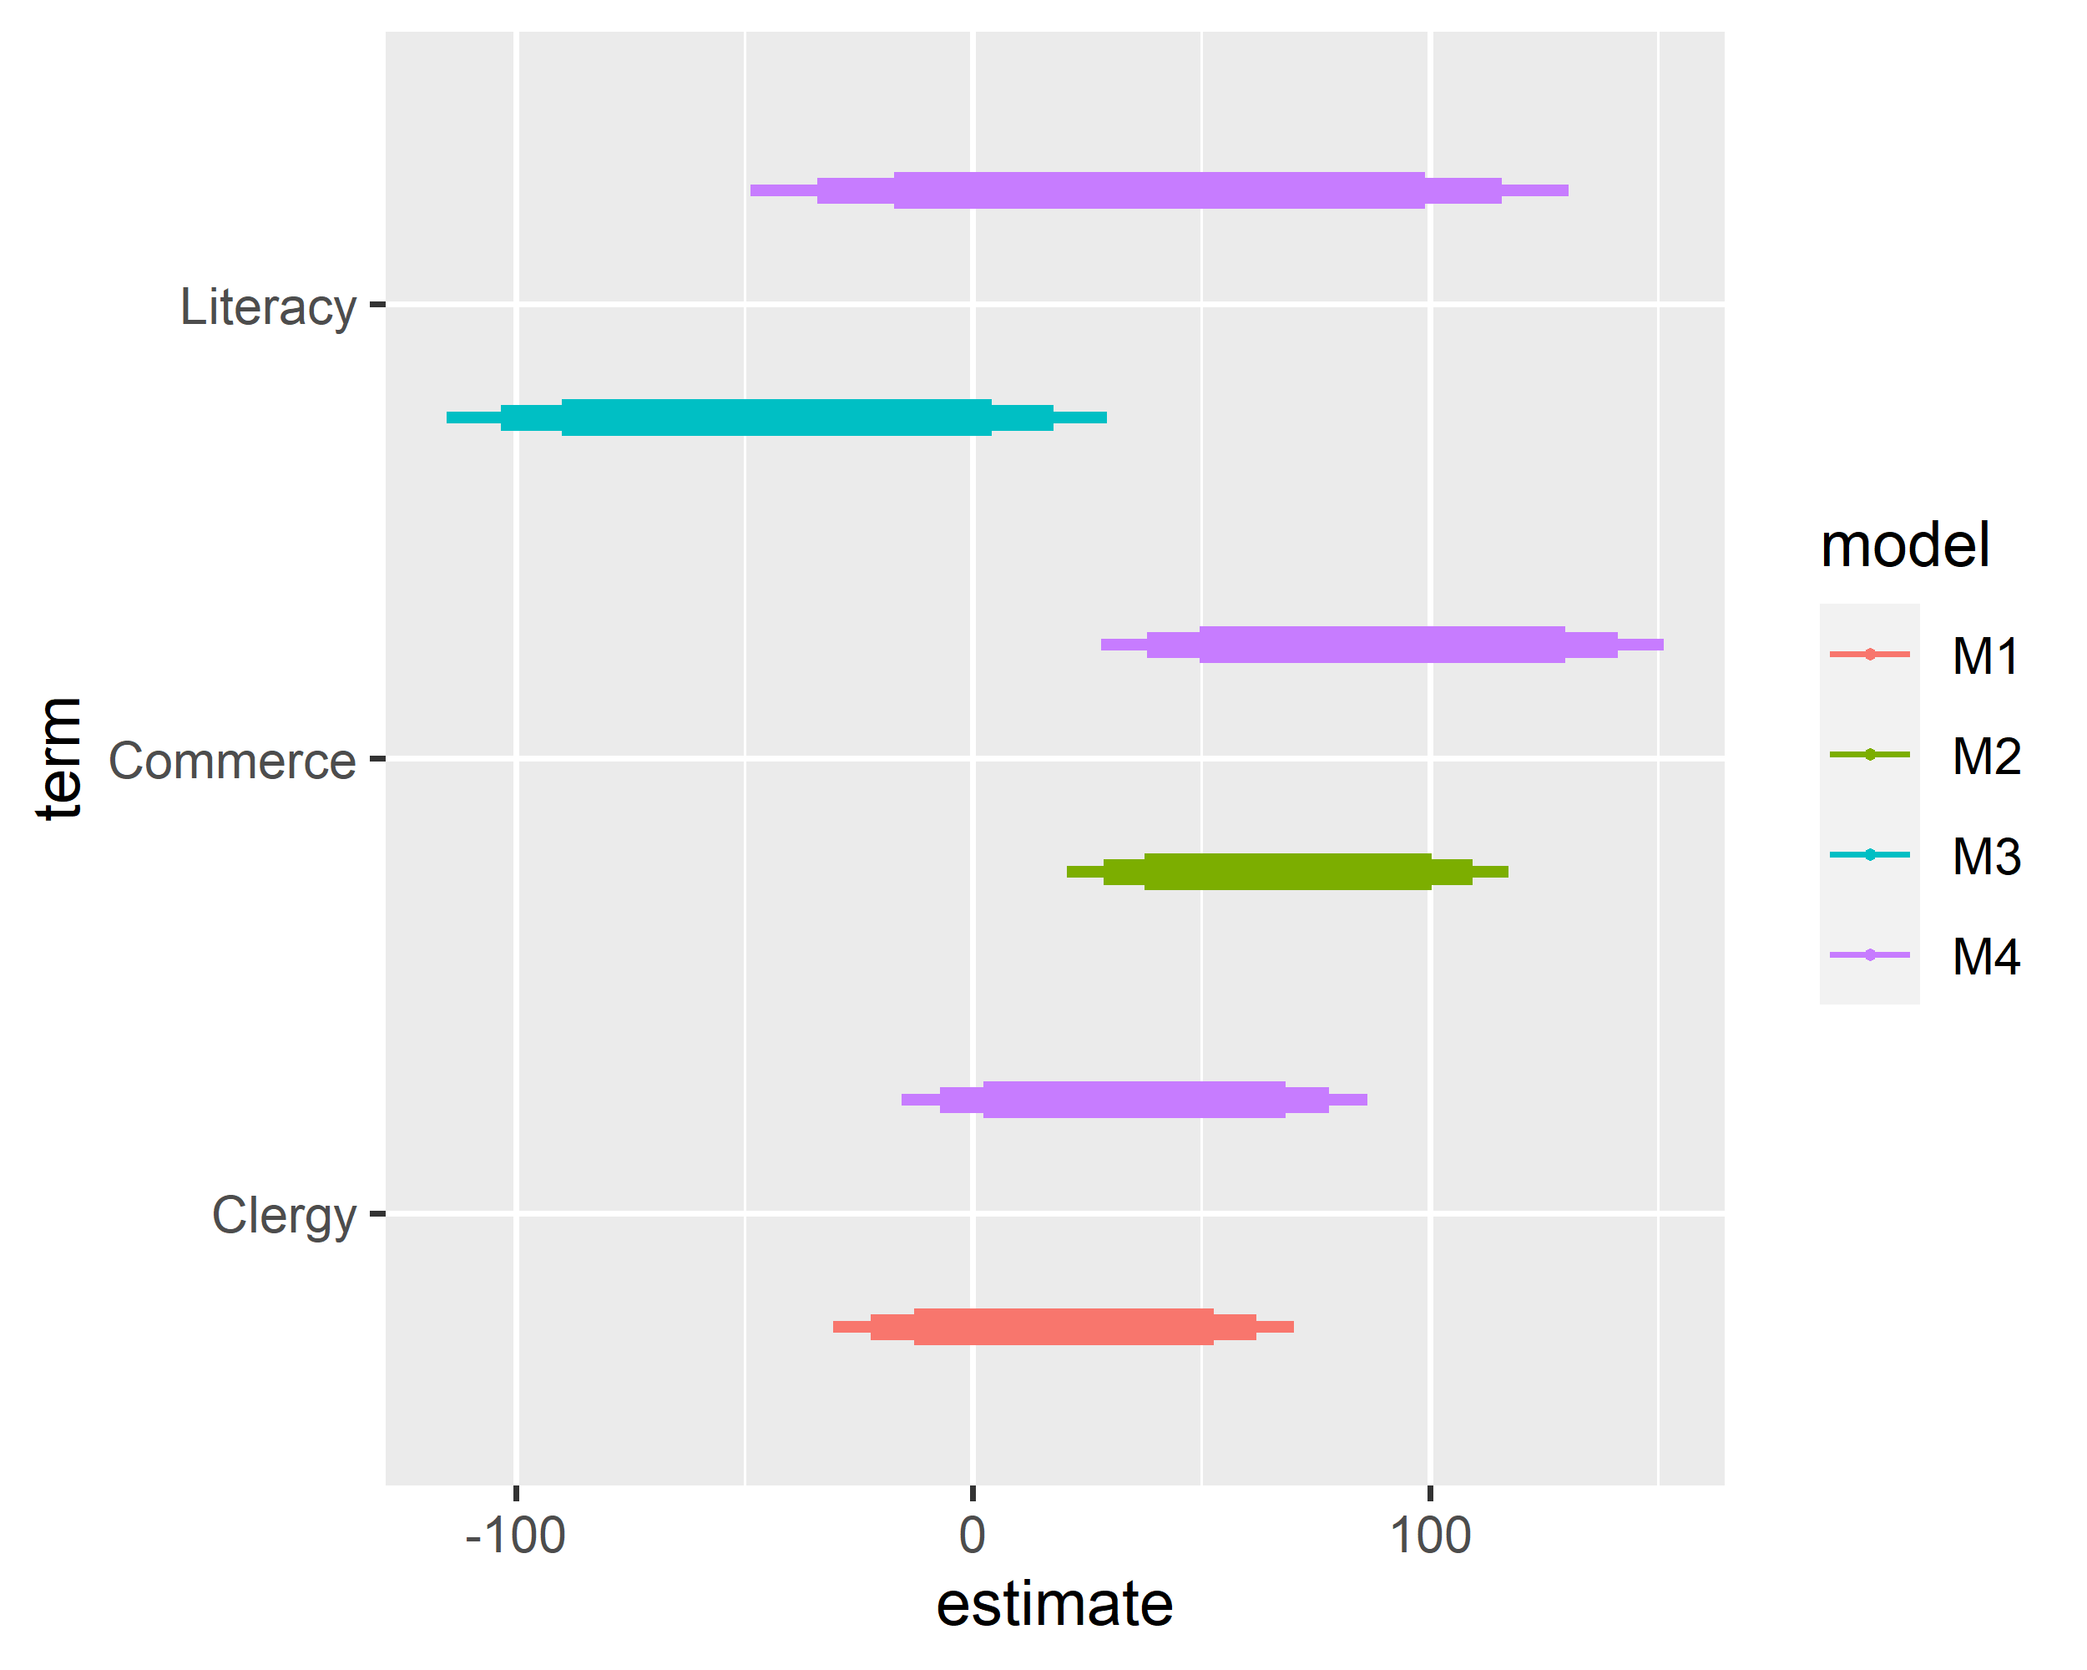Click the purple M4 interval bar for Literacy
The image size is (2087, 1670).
coord(1159,190)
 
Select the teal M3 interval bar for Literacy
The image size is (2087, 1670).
coord(776,417)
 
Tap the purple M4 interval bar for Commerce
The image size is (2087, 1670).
coord(1382,645)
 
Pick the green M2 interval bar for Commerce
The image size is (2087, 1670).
coord(1286,871)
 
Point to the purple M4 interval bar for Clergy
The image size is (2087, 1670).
coord(1134,1100)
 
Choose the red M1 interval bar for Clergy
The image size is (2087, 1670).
coord(1063,1326)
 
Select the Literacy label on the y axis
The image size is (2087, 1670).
coord(268,308)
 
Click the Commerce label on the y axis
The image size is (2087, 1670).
coord(232,761)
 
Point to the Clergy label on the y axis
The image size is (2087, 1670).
coord(284,1215)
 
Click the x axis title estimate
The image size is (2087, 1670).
coord(1054,1605)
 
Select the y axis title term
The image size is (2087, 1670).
coord(60,758)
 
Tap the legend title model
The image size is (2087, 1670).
coord(1905,545)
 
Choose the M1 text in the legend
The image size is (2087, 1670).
coord(1985,655)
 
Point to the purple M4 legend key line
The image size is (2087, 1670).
coord(1869,954)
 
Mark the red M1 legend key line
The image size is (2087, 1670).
coord(1869,655)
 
